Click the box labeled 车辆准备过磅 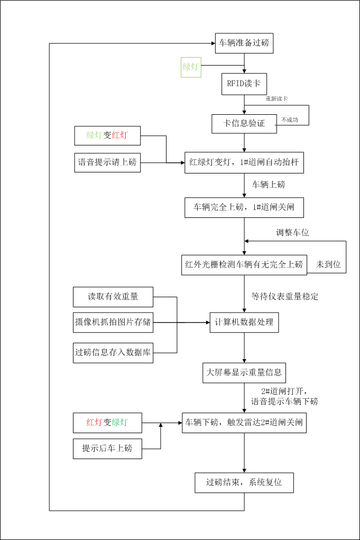pos(244,43)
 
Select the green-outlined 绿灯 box pos(191,67)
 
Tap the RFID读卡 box pos(244,83)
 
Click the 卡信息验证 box pos(244,124)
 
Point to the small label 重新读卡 pos(276,99)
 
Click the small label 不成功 pos(290,120)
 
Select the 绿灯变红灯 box pos(108,135)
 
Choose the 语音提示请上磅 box pos(108,162)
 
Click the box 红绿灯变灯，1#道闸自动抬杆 pos(244,162)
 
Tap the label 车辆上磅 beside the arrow pos(269,185)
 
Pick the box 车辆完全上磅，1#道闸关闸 pos(244,207)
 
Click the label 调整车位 pos(292,232)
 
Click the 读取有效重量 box pos(113,297)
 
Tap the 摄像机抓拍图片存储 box pos(113,322)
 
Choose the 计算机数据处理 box pos(244,322)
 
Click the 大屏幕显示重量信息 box pos(244,372)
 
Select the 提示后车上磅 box pos(107,449)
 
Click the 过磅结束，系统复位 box pos(244,482)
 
